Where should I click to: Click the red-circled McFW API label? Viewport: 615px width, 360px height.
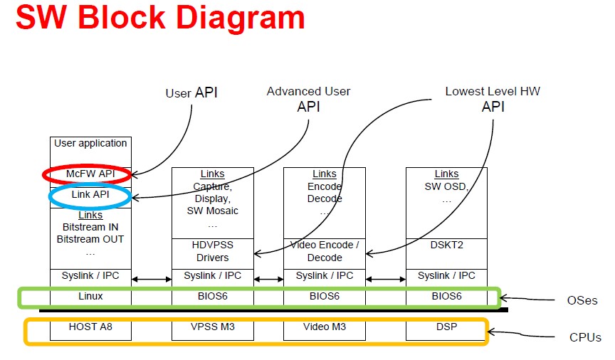point(90,174)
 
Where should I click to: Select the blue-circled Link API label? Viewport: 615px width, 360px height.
point(90,194)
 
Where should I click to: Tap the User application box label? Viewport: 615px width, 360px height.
point(90,143)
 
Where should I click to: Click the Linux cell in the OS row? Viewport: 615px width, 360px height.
point(90,296)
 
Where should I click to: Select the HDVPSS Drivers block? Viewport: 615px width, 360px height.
point(213,253)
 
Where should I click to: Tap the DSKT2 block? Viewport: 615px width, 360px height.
point(446,253)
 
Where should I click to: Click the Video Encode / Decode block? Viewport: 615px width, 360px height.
point(325,253)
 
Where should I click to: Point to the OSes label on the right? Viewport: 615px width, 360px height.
point(582,300)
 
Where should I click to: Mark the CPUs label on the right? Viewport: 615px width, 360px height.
point(585,337)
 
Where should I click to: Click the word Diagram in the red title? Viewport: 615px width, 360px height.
point(241,18)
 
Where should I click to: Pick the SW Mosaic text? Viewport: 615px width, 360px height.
point(213,211)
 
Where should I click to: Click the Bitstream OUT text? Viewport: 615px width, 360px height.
point(90,239)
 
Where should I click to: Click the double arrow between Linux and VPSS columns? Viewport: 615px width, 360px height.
point(152,279)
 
